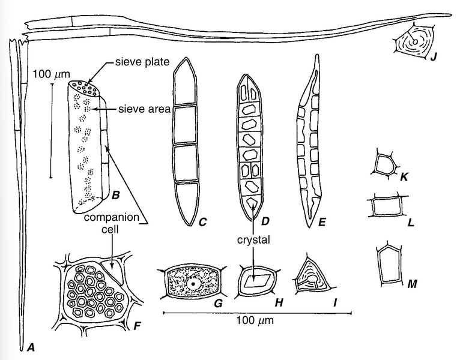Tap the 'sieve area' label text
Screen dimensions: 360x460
point(145,109)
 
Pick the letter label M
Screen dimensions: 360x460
point(413,282)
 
